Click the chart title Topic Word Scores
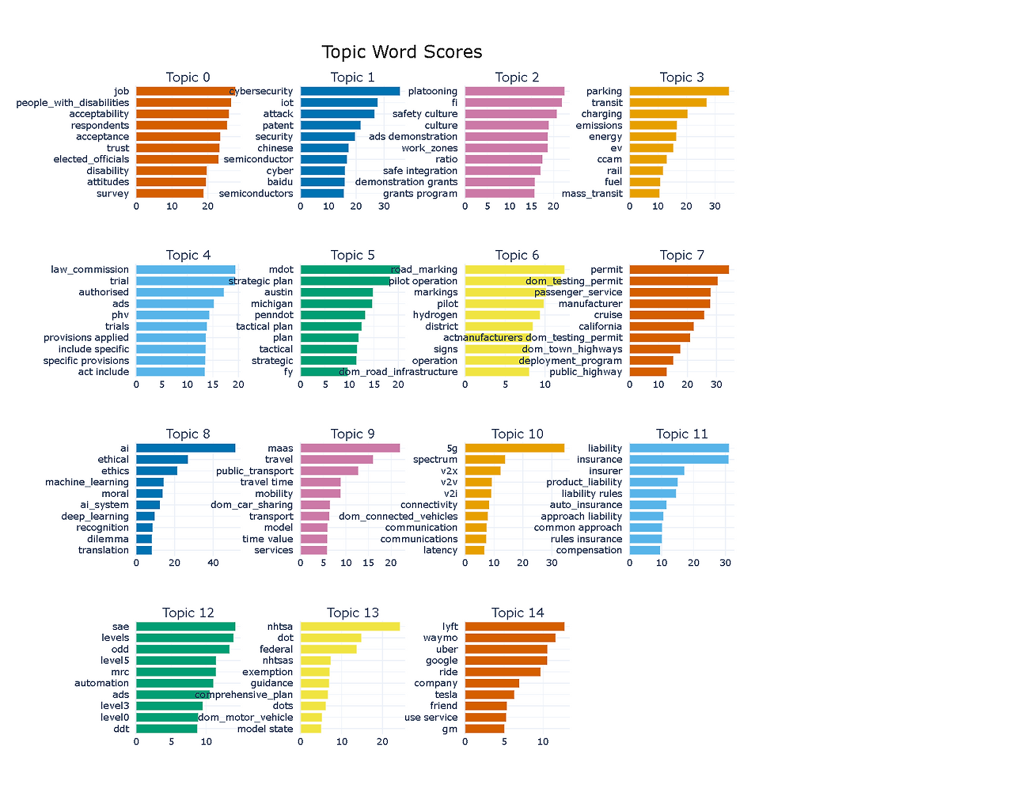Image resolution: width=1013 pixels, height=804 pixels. [x=402, y=52]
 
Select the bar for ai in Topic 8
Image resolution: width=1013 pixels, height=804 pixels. [x=185, y=448]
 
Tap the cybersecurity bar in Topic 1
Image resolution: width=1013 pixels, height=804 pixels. [x=350, y=91]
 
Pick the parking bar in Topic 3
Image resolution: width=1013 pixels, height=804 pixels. [x=679, y=91]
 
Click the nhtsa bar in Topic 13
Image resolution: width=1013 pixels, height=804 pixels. [x=350, y=627]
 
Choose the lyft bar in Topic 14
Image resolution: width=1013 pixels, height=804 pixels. [x=514, y=627]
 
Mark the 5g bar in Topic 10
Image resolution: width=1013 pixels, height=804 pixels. [x=514, y=448]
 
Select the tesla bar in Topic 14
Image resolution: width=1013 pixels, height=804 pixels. [x=489, y=695]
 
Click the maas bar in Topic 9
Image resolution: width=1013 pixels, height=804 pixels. [x=350, y=448]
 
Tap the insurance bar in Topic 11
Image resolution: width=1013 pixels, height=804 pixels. [x=679, y=460]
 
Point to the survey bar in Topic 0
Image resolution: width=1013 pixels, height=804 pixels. [x=169, y=193]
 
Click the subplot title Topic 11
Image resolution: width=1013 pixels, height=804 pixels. [x=681, y=434]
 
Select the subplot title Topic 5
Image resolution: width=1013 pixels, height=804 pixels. [x=353, y=255]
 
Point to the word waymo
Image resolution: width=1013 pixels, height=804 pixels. [x=440, y=638]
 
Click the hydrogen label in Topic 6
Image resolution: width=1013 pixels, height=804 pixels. [x=435, y=315]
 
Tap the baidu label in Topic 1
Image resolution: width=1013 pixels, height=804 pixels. [x=279, y=182]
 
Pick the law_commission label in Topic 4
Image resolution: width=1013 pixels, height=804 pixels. [x=89, y=270]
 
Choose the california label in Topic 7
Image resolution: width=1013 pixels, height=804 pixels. [x=600, y=326]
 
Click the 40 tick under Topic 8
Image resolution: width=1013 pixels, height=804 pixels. [x=213, y=563]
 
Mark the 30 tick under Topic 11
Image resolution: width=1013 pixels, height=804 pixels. [x=726, y=563]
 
